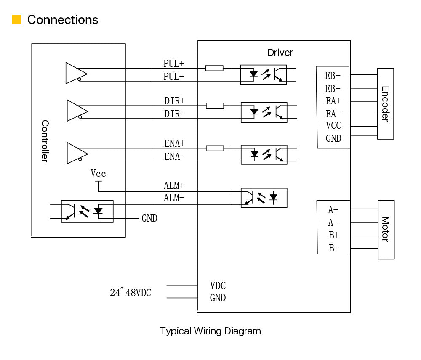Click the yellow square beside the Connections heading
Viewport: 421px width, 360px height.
(x=17, y=19)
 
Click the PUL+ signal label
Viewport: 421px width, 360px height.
(x=174, y=64)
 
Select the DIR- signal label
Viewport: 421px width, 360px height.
(x=175, y=114)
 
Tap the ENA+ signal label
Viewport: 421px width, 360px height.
(x=175, y=144)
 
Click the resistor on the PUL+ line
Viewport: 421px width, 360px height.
(x=214, y=68)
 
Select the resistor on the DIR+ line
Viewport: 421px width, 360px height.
(x=215, y=106)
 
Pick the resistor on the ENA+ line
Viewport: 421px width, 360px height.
(x=215, y=148)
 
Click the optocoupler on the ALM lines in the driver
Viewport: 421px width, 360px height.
(x=264, y=198)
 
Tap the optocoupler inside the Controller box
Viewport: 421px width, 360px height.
(x=87, y=211)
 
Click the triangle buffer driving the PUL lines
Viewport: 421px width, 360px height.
(x=76, y=73)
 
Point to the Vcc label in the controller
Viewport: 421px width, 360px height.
(x=98, y=173)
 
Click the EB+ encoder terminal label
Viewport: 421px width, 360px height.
(x=333, y=76)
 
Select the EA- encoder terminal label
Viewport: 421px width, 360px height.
(x=333, y=114)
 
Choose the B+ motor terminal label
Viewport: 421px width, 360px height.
(x=334, y=235)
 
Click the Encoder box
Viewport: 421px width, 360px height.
(x=385, y=104)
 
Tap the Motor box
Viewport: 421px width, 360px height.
(x=386, y=230)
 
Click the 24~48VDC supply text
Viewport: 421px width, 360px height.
(x=131, y=292)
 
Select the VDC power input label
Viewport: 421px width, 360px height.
(x=218, y=286)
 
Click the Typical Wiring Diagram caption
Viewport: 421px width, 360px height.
(x=210, y=331)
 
